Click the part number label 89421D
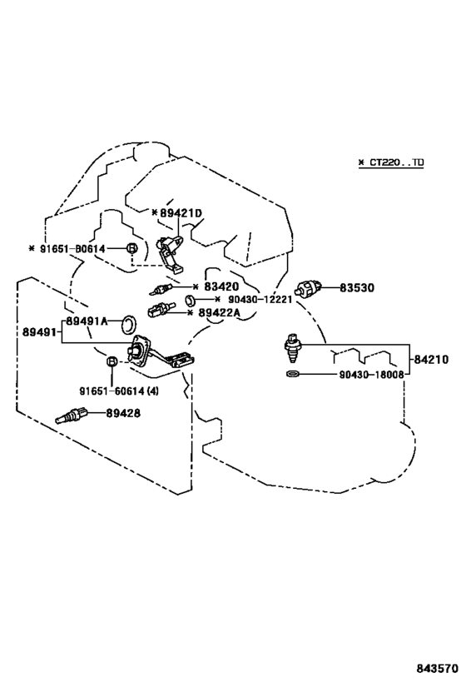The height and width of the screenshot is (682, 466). coord(181,213)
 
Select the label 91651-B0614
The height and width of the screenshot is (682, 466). coord(72,249)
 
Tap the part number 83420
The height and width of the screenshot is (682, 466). coord(221,286)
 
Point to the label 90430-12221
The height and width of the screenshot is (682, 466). coord(260,300)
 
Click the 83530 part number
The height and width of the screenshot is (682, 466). coord(356,288)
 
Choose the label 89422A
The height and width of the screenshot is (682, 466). coord(219,313)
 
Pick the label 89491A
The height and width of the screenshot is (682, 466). coord(87,321)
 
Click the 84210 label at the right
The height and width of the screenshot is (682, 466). coord(430,360)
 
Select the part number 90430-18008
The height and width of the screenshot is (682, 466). coord(371,375)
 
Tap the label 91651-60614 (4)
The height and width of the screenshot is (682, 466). coord(119,391)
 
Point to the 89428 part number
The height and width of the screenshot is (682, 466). coord(123,413)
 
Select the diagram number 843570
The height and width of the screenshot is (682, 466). coord(438,668)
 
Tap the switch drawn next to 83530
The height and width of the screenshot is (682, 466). coord(308,288)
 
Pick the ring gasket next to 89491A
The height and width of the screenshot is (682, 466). coord(129,323)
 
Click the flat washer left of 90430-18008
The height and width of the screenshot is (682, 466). coord(293,374)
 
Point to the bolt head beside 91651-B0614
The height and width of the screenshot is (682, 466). coord(131,248)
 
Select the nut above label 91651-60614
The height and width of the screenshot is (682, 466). coord(112,361)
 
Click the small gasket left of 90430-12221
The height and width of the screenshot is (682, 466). coord(190,300)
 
